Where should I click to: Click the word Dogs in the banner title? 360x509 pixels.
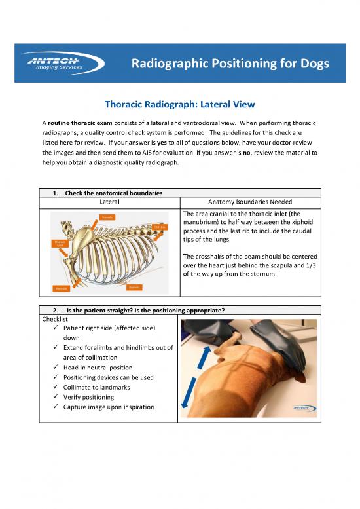tap(309, 64)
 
